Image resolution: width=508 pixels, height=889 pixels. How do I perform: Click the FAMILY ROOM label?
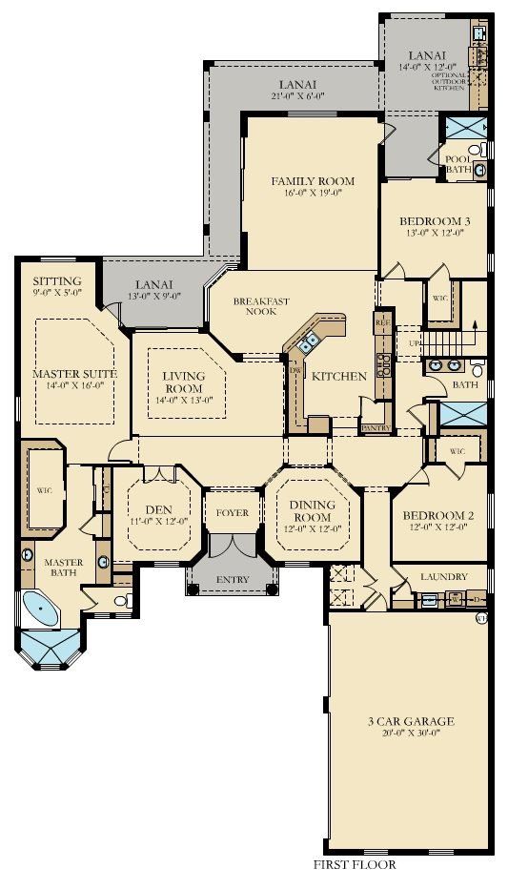(312, 180)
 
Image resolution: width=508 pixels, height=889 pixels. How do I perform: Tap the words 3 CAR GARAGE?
(412, 721)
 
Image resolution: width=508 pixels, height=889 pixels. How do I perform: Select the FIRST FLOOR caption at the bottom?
(354, 865)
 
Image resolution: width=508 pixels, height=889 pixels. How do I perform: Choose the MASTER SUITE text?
(74, 374)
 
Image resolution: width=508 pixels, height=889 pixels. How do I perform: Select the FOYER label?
(233, 513)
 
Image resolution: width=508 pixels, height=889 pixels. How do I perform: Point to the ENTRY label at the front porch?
(233, 579)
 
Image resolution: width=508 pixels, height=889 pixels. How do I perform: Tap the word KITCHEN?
(338, 377)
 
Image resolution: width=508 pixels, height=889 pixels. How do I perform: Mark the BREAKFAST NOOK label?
(262, 305)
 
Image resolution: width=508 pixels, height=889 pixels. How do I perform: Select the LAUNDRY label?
(443, 577)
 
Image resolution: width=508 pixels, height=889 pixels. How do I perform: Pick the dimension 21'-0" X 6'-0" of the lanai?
(299, 96)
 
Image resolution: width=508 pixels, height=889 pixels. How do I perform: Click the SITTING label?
(57, 281)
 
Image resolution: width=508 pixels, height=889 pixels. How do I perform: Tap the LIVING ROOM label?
(184, 382)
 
